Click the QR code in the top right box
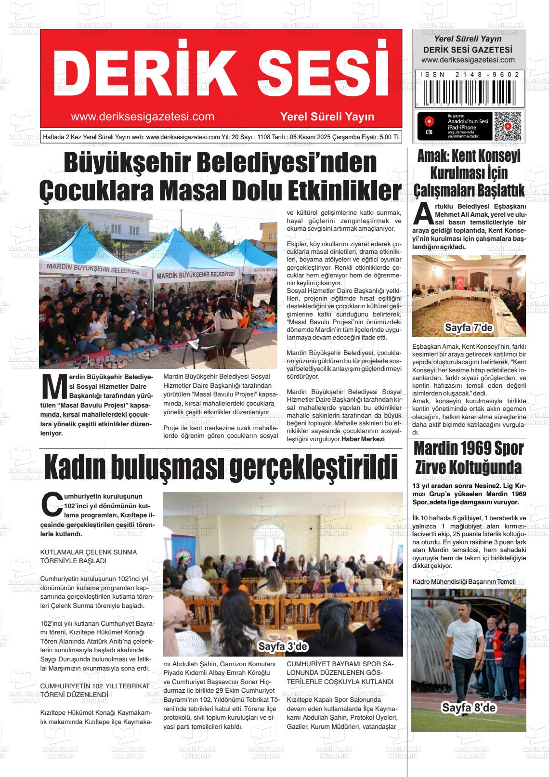click(x=508, y=126)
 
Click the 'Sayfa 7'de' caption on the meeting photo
click(x=469, y=328)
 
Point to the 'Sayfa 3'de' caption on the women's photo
click(x=283, y=646)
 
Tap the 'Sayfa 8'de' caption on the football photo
click(x=469, y=708)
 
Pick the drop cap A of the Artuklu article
click(x=423, y=214)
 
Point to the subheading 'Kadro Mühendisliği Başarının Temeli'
click(x=464, y=582)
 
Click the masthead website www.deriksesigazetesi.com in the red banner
click(x=142, y=117)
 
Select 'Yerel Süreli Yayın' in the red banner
click(x=327, y=117)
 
